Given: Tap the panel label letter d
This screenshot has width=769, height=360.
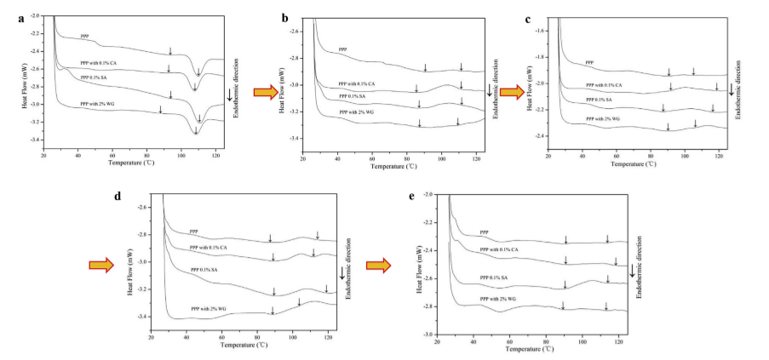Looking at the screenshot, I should [x=118, y=196].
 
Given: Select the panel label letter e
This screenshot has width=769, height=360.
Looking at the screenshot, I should [x=412, y=195].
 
